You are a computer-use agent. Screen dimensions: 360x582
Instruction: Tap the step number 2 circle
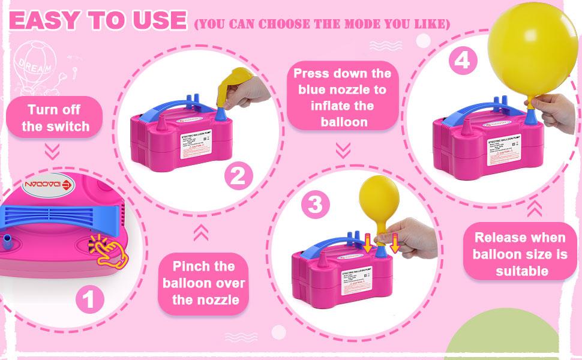coord(238,175)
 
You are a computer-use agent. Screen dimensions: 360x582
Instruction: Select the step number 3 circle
coord(315,205)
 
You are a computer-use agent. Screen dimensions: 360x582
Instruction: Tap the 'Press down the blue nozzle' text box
coord(343,97)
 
